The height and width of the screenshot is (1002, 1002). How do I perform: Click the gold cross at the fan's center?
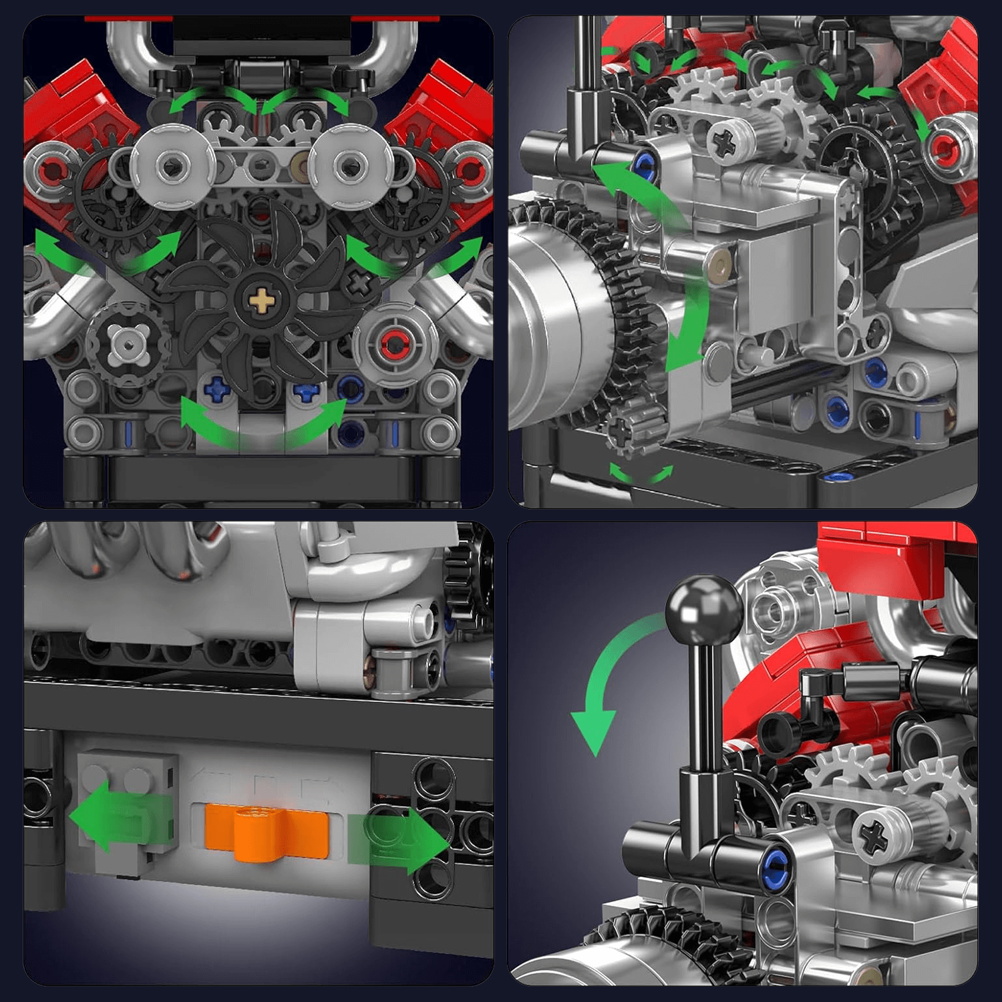pyautogui.click(x=261, y=301)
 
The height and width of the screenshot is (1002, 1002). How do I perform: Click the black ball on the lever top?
pyautogui.click(x=703, y=610)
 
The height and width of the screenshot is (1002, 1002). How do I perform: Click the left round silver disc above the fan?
pyautogui.click(x=172, y=165)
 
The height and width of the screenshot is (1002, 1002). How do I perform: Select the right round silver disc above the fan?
pyautogui.click(x=350, y=165)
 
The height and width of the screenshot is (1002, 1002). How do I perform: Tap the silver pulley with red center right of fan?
pyautogui.click(x=395, y=345)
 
